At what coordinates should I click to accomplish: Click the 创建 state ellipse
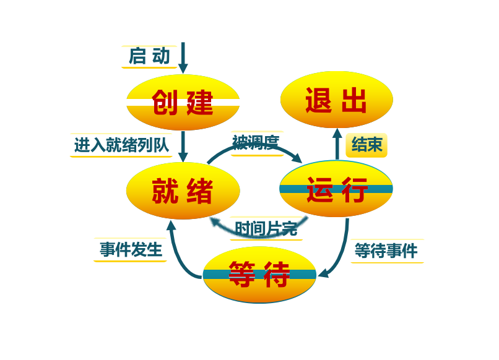tap(183, 102)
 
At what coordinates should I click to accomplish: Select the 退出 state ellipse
tap(336, 100)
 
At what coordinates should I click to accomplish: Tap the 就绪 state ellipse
tap(183, 191)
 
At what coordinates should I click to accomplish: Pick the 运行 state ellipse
tap(336, 189)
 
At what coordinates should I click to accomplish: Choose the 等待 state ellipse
tap(259, 275)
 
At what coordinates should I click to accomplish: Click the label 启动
tap(149, 56)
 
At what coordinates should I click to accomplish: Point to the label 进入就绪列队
tap(121, 145)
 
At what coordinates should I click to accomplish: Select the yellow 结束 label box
tap(367, 145)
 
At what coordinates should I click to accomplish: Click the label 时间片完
tap(266, 228)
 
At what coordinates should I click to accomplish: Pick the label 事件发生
tap(131, 250)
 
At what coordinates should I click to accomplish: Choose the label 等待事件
tap(386, 251)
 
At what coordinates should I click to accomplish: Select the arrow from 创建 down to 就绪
tap(183, 147)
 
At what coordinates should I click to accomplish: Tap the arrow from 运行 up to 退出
tap(337, 145)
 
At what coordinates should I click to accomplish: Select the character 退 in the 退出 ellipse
tap(318, 100)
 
